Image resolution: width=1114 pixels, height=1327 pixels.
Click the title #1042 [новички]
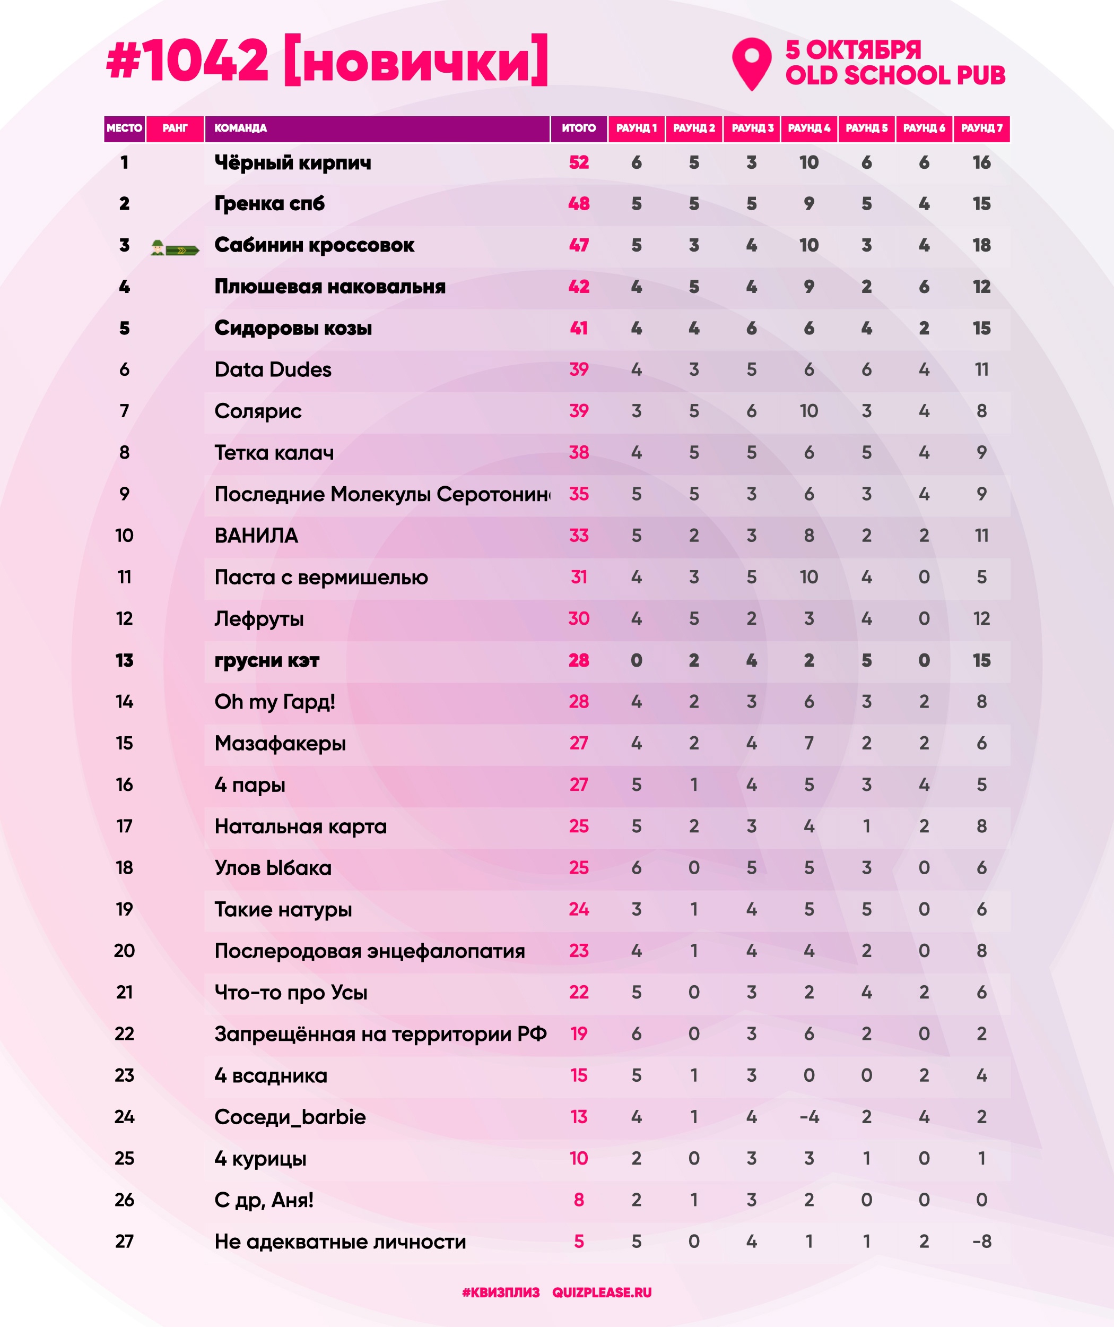pos(327,61)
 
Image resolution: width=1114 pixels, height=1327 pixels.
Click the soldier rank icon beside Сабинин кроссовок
pos(175,248)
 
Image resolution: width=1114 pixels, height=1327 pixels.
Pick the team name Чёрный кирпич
pos(292,162)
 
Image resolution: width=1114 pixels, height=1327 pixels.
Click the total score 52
pos(578,162)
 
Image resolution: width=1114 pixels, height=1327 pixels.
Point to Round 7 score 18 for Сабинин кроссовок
pos(981,245)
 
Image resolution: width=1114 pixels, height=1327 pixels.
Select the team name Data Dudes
pos(273,369)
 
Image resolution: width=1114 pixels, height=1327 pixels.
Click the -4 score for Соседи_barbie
pos(808,1117)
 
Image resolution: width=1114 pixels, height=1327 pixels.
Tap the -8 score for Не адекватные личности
pos(981,1242)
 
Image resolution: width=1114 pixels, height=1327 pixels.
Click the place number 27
pos(125,1242)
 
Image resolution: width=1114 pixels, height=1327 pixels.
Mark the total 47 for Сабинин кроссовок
pos(578,245)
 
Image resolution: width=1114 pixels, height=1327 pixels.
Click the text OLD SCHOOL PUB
pos(895,75)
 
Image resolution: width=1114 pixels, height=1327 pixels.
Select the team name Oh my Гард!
pos(275,701)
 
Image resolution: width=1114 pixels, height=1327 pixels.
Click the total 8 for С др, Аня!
pos(578,1200)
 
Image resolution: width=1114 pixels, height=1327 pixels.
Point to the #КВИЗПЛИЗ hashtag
pos(500,1293)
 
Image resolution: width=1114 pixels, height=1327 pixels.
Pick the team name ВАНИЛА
pos(256,536)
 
